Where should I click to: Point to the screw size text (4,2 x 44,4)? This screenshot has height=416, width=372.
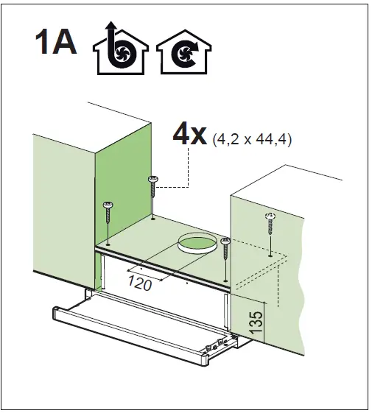[250, 139]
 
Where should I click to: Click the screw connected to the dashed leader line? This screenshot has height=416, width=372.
[153, 187]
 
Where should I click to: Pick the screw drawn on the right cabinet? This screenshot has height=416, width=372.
[270, 220]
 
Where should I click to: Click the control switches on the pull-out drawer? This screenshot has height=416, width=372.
[218, 344]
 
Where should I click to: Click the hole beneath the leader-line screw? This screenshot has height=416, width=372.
[152, 218]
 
